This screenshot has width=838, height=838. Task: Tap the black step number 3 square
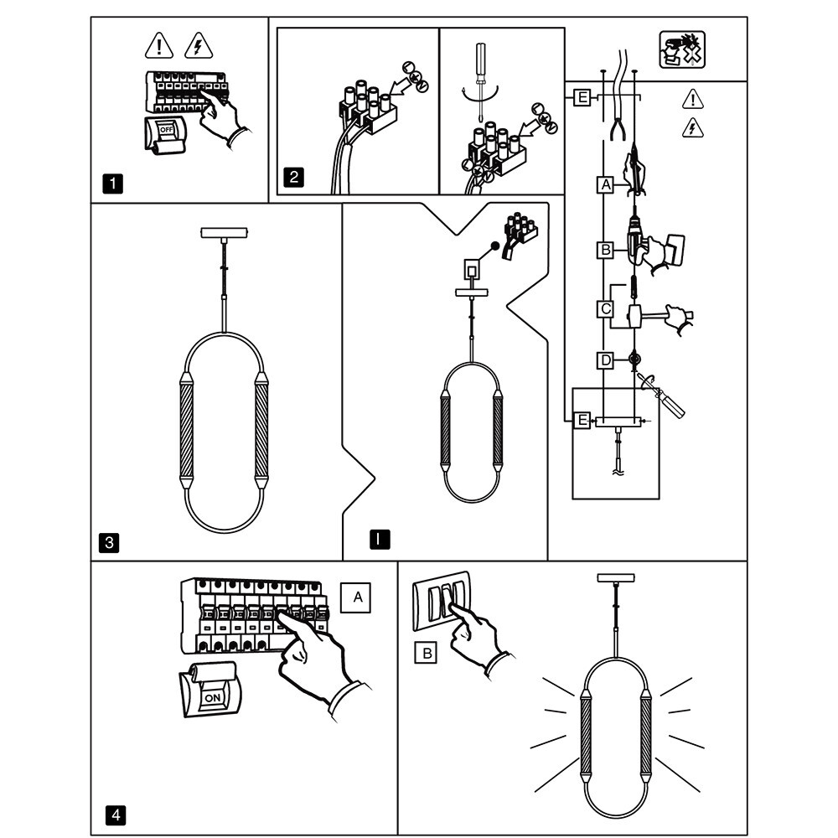point(108,542)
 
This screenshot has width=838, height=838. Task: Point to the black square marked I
point(380,540)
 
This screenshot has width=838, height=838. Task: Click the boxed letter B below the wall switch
point(426,652)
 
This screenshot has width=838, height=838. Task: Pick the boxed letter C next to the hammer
point(605,308)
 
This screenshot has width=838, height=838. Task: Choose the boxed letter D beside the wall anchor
point(605,360)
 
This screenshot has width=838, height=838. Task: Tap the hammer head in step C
point(634,317)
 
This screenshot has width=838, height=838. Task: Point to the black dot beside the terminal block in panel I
point(495,246)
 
